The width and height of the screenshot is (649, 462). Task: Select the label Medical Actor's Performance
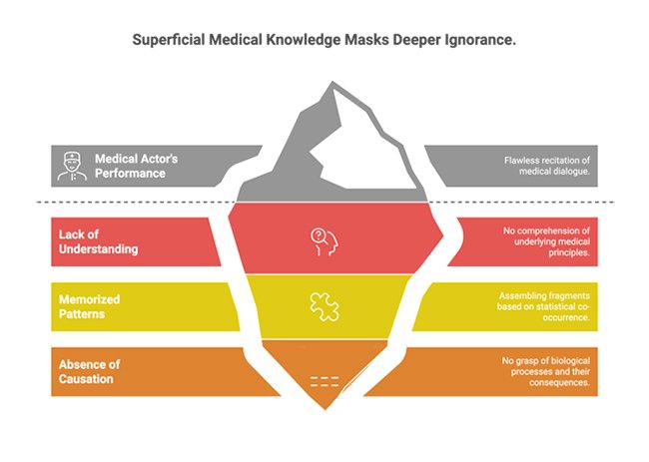point(138,165)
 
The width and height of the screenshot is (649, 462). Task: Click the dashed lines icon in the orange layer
point(324,380)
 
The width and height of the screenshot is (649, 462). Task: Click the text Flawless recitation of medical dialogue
point(548,165)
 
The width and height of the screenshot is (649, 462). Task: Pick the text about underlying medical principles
point(546,242)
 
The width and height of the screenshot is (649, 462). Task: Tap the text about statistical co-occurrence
point(547,306)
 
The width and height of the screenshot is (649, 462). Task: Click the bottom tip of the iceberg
point(324,408)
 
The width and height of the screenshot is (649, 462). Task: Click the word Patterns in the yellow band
point(83,314)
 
